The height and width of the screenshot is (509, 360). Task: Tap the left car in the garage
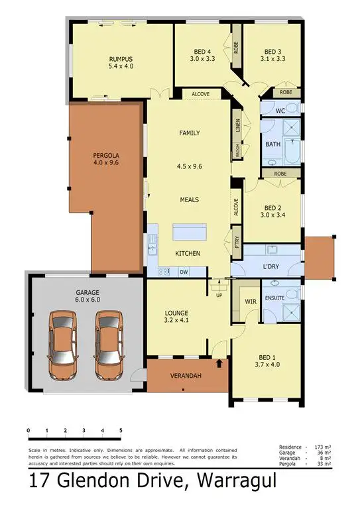point(62,343)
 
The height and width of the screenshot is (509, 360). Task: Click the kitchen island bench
point(189,233)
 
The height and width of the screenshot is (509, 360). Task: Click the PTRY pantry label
point(236,240)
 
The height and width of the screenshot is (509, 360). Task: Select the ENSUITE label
point(274,298)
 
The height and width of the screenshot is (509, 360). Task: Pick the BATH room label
point(272,144)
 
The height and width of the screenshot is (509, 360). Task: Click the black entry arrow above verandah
point(220,363)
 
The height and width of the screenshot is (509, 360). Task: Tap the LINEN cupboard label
point(237,126)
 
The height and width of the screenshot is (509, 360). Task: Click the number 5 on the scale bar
point(121,431)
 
